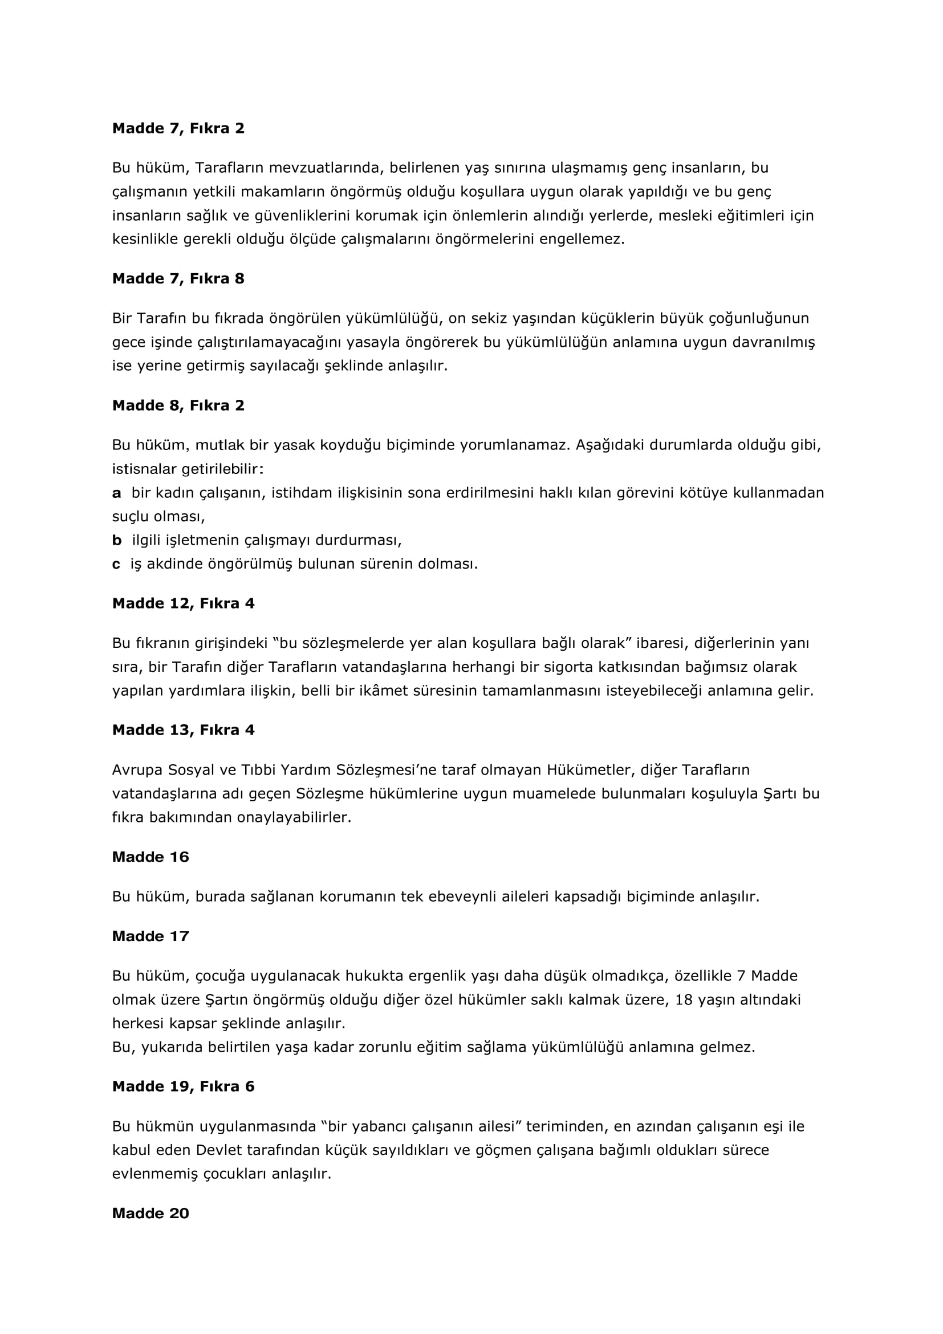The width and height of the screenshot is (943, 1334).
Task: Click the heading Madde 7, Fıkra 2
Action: tap(178, 128)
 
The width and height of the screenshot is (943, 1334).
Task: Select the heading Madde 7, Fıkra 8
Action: tap(178, 279)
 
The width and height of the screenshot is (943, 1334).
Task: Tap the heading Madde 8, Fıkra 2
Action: tap(178, 406)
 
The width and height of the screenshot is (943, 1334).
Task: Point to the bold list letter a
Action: tap(117, 493)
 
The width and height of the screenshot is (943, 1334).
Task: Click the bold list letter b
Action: tap(117, 540)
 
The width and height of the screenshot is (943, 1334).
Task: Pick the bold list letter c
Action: tap(116, 564)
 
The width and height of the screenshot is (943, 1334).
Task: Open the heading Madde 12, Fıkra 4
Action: tap(184, 603)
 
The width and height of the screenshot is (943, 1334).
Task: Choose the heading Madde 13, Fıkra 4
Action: tap(184, 731)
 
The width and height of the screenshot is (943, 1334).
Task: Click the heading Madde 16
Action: tap(151, 857)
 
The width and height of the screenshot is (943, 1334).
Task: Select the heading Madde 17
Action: tap(151, 936)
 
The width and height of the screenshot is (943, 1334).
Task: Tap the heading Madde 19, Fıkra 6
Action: tap(184, 1086)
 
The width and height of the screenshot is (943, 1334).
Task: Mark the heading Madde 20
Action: tap(151, 1213)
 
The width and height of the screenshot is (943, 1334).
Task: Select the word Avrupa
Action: tap(137, 770)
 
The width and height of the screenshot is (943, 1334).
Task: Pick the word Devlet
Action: tap(218, 1150)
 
